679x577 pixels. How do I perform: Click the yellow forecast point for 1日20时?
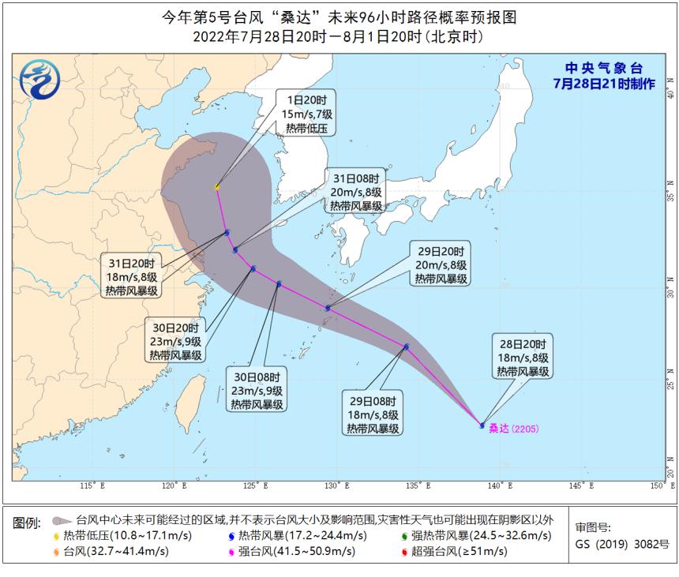(x=217, y=187)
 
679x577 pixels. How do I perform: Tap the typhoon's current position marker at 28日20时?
(x=482, y=425)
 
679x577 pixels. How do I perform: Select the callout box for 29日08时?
(x=373, y=413)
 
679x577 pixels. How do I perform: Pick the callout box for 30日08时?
(x=257, y=389)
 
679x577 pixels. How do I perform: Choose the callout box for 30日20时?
(x=176, y=340)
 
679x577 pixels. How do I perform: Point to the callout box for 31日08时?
(x=356, y=191)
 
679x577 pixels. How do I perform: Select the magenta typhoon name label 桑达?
(x=498, y=429)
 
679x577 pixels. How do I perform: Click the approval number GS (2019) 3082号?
(x=622, y=544)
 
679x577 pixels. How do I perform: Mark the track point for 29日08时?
(x=407, y=347)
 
